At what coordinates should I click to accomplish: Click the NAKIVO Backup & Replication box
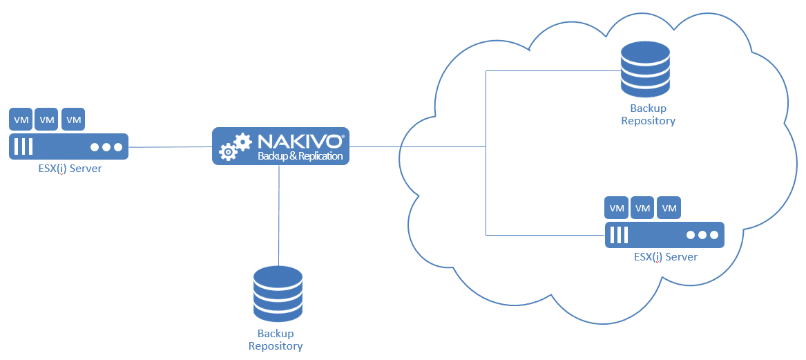[x=280, y=146]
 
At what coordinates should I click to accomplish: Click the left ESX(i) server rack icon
[x=68, y=146]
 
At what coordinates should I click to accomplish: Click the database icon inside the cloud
[x=645, y=69]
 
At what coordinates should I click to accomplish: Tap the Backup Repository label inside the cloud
[x=648, y=115]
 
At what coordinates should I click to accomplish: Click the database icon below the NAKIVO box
[x=278, y=293]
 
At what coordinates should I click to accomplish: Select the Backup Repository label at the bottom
[x=276, y=340]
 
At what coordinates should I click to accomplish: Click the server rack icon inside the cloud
[x=664, y=235]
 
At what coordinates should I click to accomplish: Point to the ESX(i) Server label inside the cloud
[x=665, y=257]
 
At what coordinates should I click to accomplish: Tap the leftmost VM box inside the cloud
[x=617, y=207]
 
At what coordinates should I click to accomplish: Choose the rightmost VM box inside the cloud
[x=669, y=207]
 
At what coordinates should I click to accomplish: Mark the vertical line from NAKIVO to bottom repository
[x=278, y=214]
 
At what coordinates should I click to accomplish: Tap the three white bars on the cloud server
[x=619, y=235]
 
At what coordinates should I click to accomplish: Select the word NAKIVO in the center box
[x=299, y=141]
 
